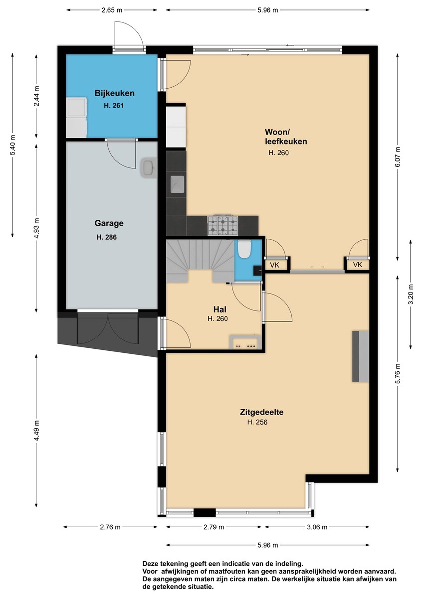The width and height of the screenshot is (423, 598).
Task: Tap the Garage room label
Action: (x=109, y=223)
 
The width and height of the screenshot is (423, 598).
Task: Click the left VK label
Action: (x=274, y=265)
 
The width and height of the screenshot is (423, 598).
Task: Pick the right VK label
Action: (x=358, y=265)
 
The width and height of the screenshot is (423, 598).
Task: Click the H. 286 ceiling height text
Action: (x=107, y=237)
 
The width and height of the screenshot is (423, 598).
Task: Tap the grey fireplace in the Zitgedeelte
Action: (x=360, y=356)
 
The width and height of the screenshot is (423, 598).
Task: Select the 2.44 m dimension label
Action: (x=36, y=96)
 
